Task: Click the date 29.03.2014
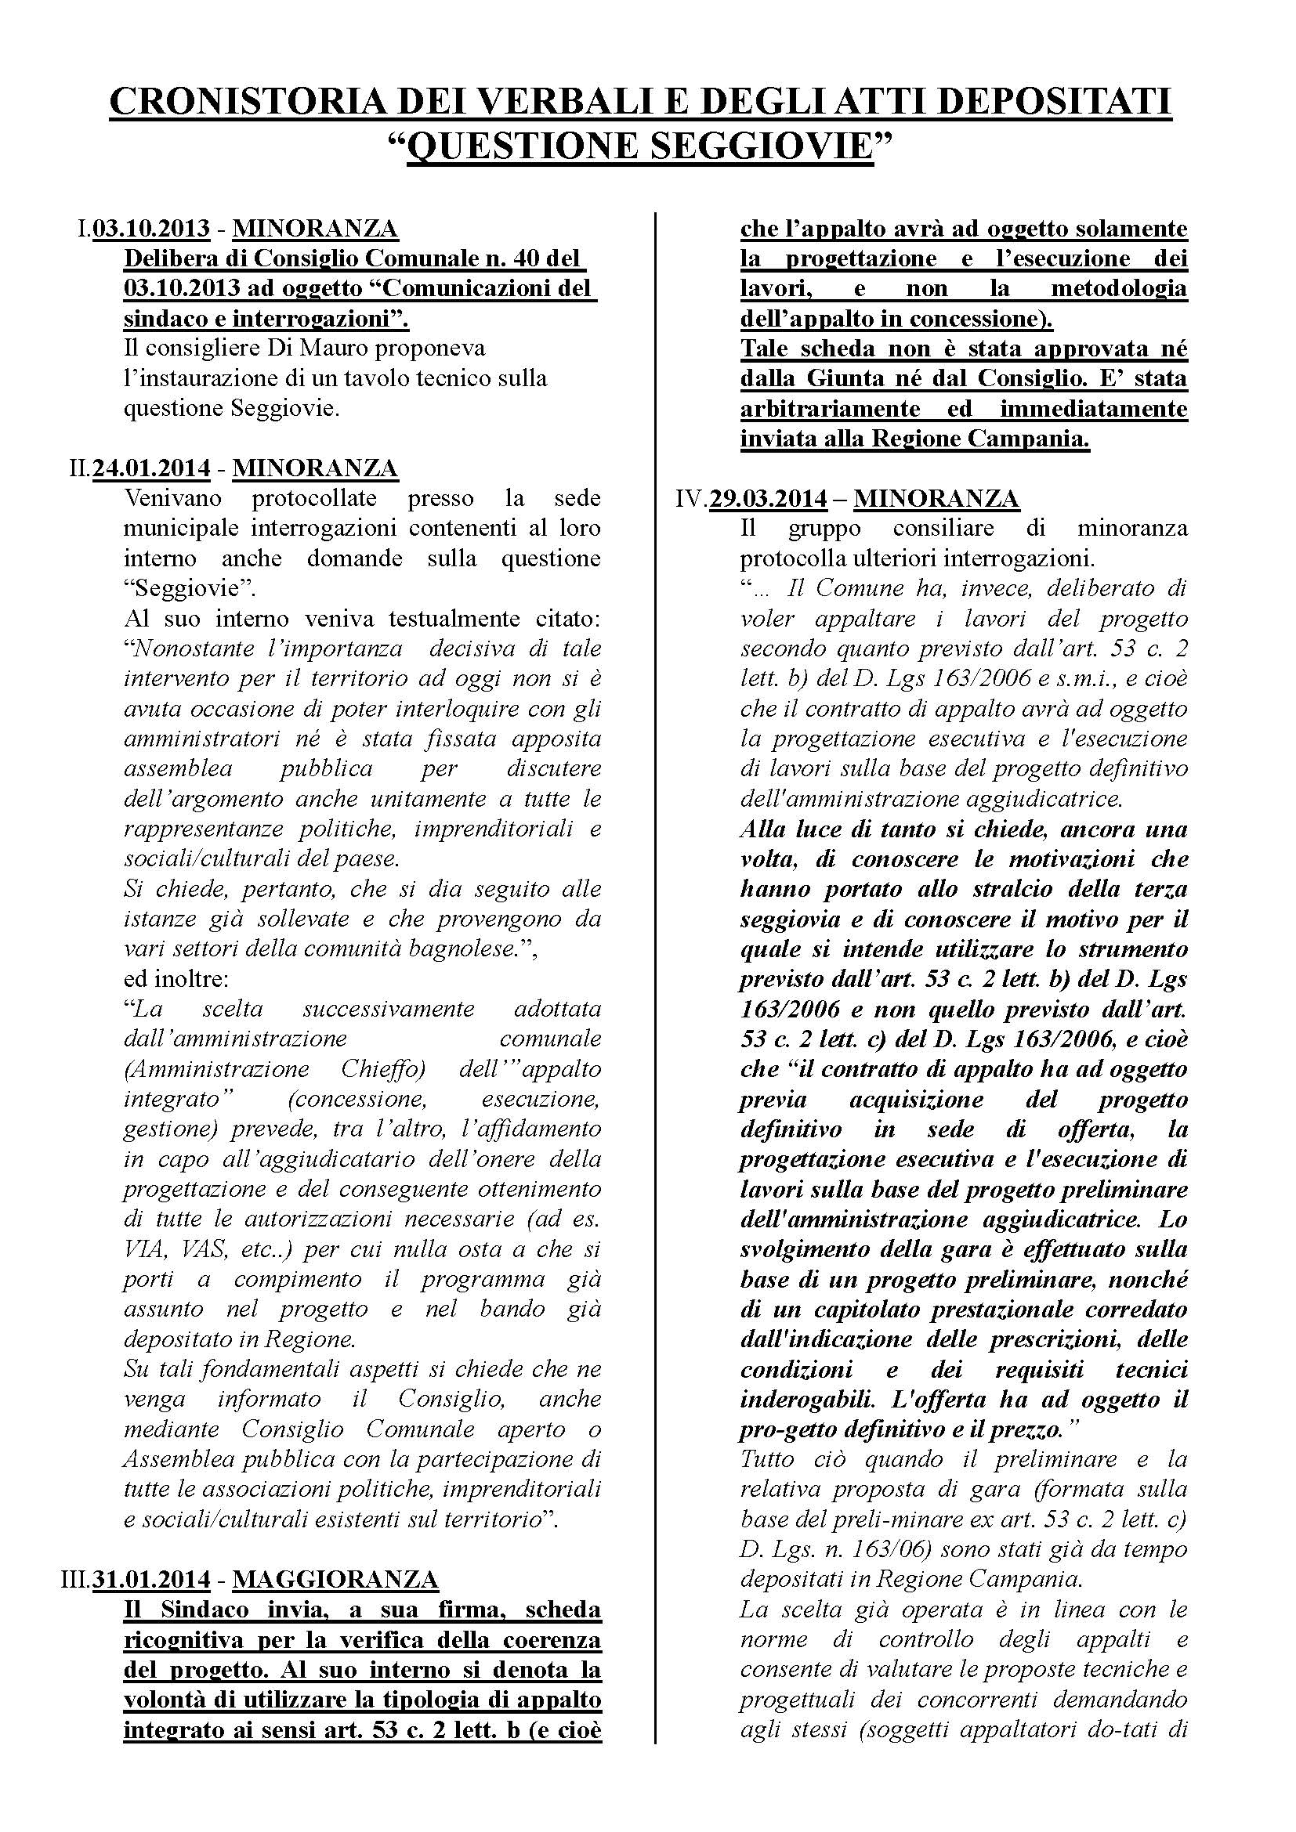[768, 499]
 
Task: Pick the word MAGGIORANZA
[336, 1579]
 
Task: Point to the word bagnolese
[451, 949]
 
